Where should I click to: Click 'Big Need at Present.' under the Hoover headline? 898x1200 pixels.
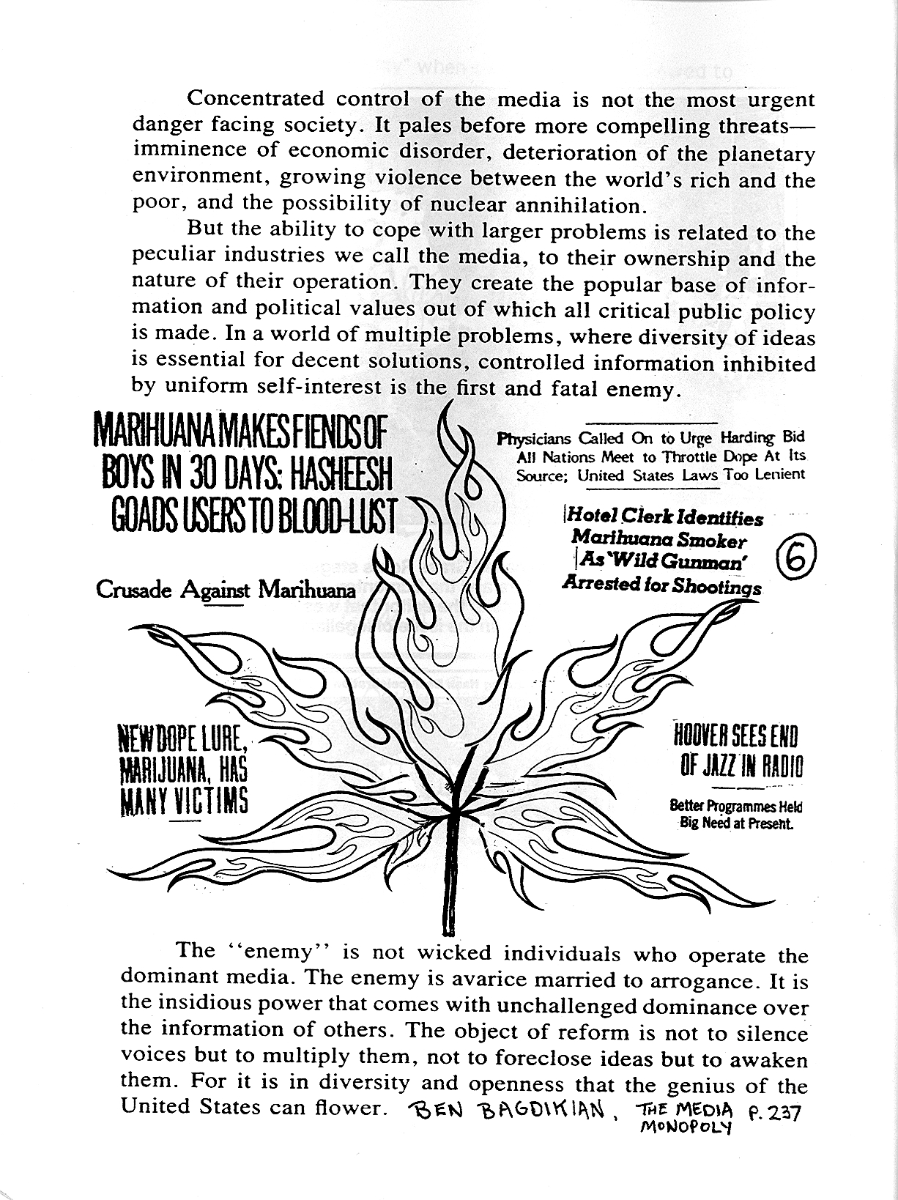(x=736, y=823)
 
